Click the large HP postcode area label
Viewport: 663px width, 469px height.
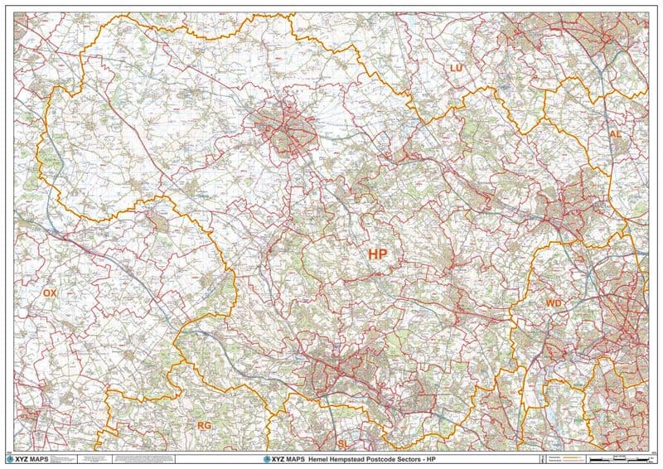coord(377,254)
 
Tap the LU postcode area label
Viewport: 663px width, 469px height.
coord(455,67)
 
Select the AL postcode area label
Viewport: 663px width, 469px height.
coord(615,133)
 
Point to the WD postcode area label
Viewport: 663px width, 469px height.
coord(554,304)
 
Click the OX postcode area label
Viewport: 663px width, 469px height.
coord(50,293)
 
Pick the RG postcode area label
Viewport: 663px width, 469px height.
coord(204,425)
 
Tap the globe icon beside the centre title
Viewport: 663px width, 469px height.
coord(267,459)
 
